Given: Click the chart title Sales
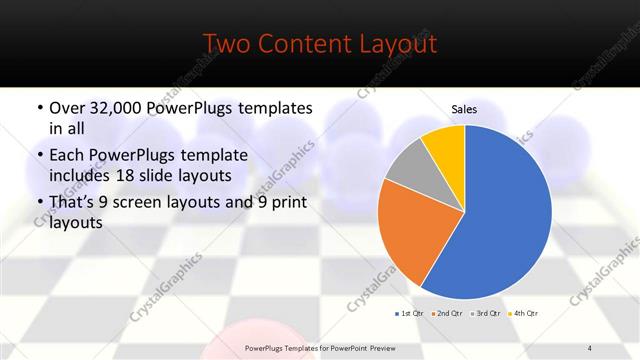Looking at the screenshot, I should pyautogui.click(x=464, y=108).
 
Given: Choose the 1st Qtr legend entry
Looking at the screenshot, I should pyautogui.click(x=411, y=314).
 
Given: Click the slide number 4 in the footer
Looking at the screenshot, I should pyautogui.click(x=589, y=347).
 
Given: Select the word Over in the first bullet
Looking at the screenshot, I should pyautogui.click(x=67, y=107).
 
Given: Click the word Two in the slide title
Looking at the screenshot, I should pyautogui.click(x=226, y=44).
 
